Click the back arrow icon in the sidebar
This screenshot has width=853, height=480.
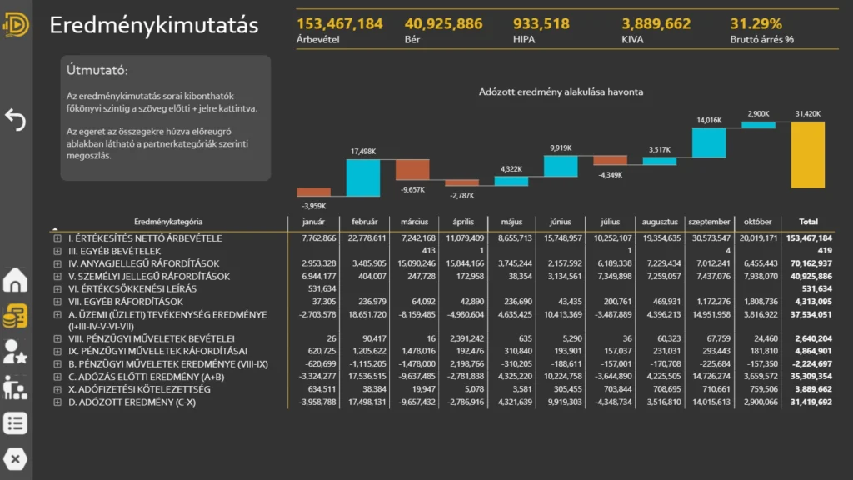pos(15,120)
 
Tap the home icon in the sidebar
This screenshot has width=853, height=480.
pos(15,281)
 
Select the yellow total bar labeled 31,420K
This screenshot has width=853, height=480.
pos(807,154)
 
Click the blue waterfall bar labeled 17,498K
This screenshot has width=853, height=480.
pos(363,177)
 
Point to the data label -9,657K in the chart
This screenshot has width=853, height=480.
pos(412,190)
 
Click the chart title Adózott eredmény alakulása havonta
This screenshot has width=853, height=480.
pos(561,92)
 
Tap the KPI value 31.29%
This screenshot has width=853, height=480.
pos(756,23)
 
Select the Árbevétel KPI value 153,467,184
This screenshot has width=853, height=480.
pos(339,23)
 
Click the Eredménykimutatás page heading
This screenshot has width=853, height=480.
pos(154,25)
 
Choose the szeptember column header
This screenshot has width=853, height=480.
pos(709,222)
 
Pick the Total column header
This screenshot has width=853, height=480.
pos(808,222)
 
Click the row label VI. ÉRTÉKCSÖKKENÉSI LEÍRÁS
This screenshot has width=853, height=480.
pos(132,288)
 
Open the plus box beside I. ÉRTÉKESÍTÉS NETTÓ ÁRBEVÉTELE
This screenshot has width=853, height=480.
pos(57,238)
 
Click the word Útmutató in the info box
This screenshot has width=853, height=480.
pos(97,71)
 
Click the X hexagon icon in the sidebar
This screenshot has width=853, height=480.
pos(15,458)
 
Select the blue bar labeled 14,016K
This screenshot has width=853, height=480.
pos(709,142)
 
